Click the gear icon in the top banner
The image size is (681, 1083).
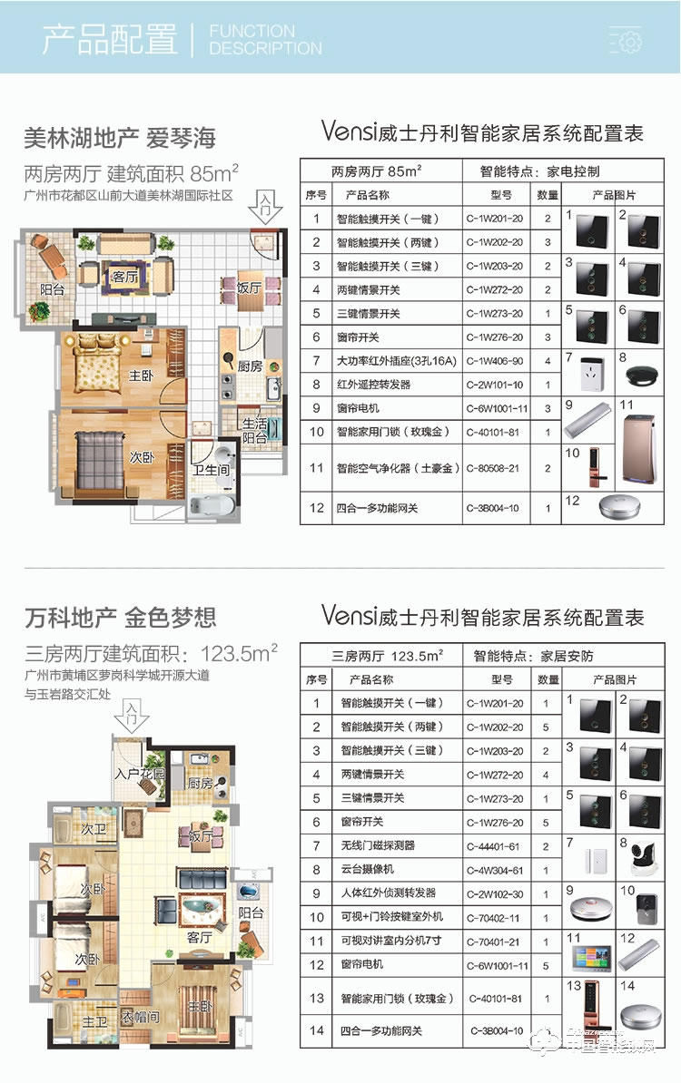coord(627,40)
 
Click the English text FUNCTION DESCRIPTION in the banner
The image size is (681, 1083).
coord(264,40)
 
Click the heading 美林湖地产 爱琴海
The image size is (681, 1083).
coord(120,138)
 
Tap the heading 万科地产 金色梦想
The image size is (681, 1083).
coord(120,619)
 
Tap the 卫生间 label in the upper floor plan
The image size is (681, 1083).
coord(210,470)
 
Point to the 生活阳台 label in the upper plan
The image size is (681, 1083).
coord(254,431)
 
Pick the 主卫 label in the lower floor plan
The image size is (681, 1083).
coord(94,1021)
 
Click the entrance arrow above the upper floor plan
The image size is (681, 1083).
coord(264,207)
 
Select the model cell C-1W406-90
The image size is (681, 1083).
coord(495,361)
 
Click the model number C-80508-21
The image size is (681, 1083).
coord(495,469)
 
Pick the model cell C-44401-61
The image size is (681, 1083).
coord(495,845)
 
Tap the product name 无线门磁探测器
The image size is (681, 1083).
coord(377,845)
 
